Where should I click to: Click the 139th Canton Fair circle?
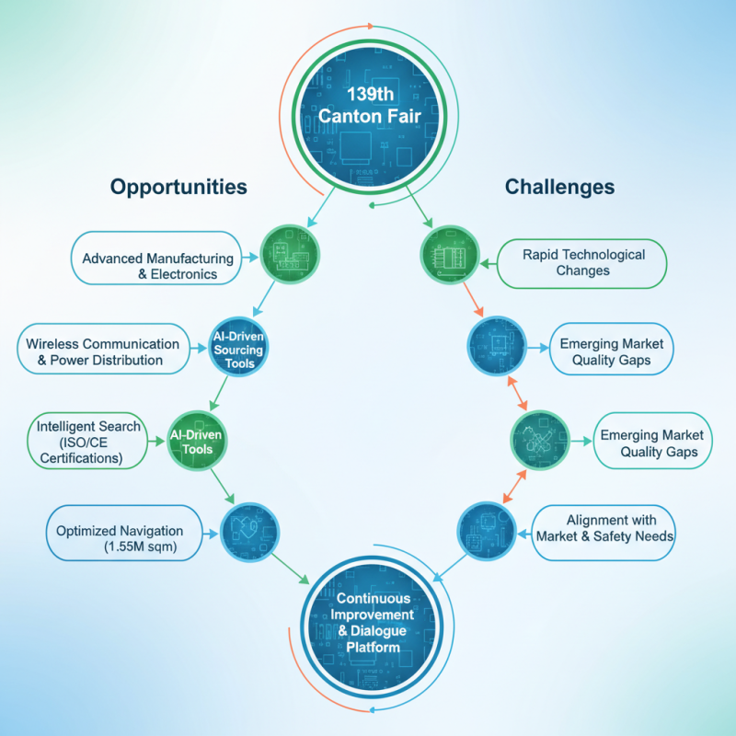[369, 117]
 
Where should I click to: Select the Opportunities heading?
[178, 188]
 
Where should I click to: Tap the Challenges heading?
[559, 187]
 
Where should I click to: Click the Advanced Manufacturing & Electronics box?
[156, 259]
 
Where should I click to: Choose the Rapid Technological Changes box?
[581, 263]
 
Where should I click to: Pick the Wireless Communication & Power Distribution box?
[104, 349]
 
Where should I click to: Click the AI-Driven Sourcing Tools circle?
[238, 348]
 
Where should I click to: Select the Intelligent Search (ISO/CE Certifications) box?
[87, 442]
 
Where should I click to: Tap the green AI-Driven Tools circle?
[197, 441]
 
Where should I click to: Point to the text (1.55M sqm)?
[141, 546]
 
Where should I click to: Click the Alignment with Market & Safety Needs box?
[604, 533]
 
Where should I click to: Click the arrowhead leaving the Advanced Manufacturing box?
[254, 258]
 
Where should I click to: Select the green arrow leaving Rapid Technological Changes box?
[489, 264]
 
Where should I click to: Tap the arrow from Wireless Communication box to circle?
[199, 349]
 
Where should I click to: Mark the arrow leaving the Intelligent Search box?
[156, 442]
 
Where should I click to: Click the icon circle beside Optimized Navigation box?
[249, 533]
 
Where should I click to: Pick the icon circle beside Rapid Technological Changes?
[450, 255]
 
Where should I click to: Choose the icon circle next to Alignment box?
[487, 532]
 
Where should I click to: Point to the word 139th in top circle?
[370, 95]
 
